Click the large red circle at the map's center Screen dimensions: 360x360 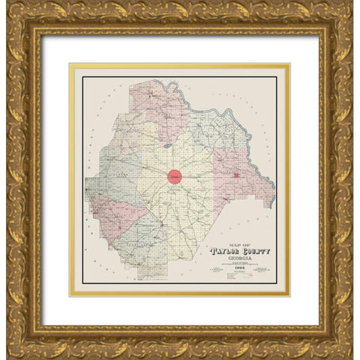[x=175, y=178]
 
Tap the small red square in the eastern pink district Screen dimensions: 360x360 [x=236, y=175]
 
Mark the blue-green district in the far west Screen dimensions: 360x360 [x=101, y=180]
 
